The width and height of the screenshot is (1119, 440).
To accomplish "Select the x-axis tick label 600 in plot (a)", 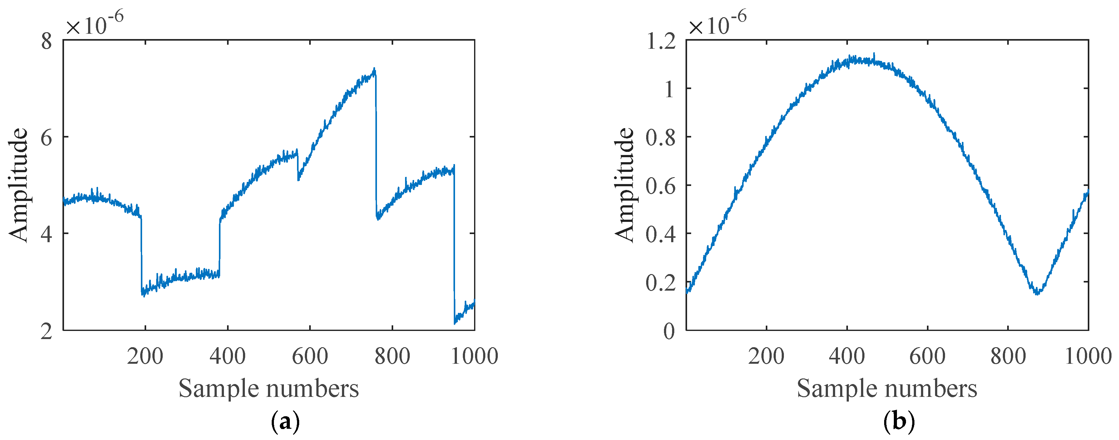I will point(310,357).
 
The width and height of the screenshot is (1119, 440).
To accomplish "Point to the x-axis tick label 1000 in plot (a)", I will point(474,357).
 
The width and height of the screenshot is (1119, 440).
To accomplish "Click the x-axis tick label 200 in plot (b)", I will point(766,357).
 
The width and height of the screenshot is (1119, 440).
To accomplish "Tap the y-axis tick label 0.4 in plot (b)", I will point(661,234).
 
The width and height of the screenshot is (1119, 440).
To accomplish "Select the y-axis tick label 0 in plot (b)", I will point(669,331).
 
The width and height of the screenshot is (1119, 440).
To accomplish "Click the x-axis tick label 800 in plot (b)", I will point(1008,357).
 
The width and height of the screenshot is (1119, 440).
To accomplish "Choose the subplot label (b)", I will point(899,422).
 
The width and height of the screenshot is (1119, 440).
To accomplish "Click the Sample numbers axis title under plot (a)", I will point(269,388).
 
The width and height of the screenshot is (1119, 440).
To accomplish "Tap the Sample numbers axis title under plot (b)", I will point(887,388).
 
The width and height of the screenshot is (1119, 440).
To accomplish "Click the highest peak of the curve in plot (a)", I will point(374,69).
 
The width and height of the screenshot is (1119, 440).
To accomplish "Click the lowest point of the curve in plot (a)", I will point(455,323).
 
